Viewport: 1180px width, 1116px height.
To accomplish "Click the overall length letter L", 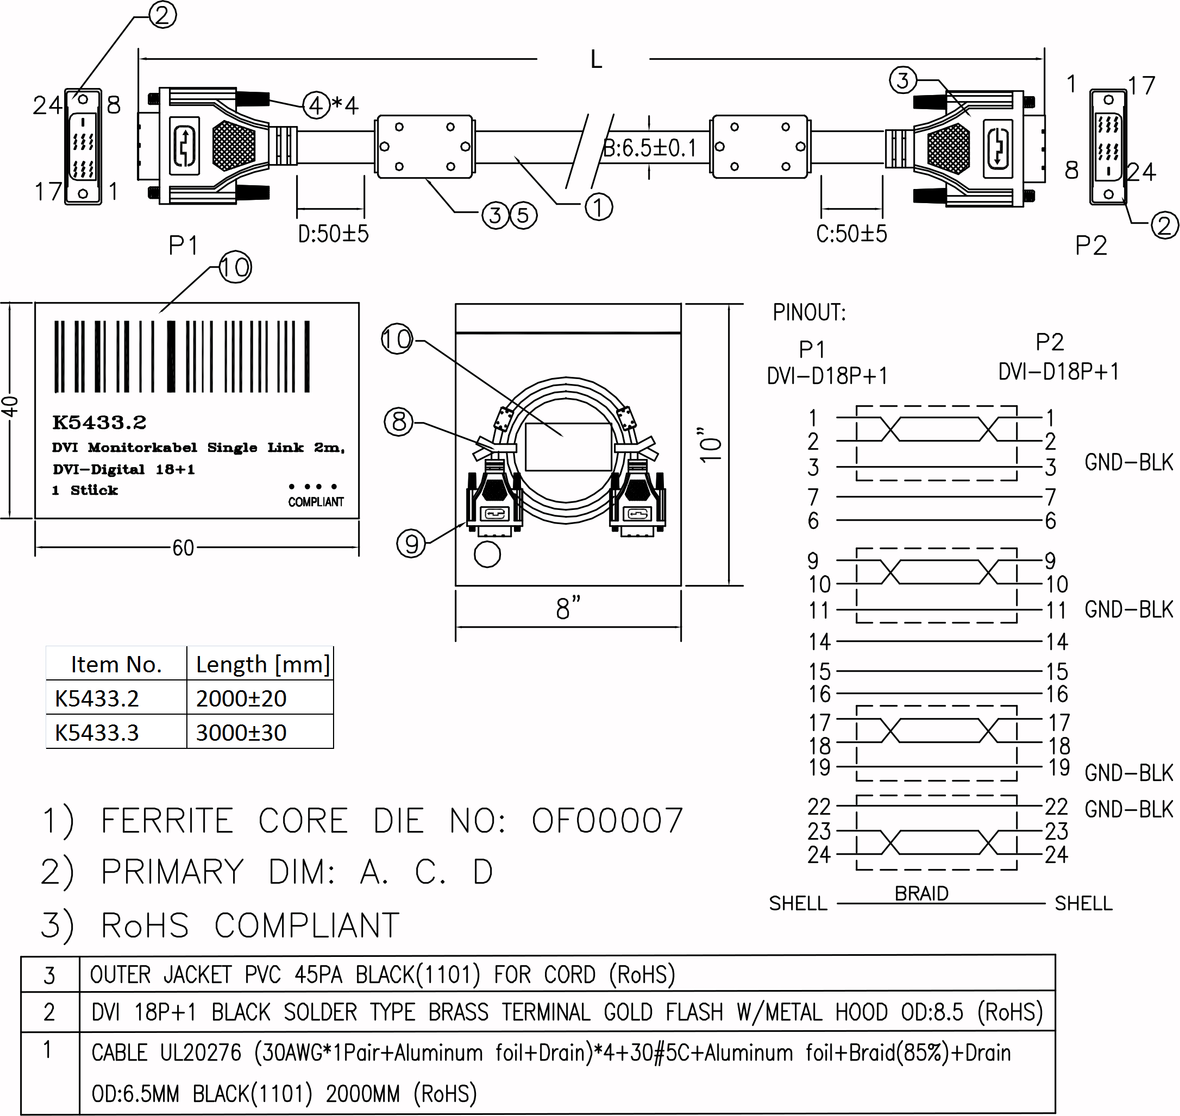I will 595,60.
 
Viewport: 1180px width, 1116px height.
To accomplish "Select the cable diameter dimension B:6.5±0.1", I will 650,148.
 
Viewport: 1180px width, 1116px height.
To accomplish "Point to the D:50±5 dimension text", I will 333,234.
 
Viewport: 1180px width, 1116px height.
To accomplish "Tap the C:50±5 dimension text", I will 851,234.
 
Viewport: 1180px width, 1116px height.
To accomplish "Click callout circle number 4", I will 316,105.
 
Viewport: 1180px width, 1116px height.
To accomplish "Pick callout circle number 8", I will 399,422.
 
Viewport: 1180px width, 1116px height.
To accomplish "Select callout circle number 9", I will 411,543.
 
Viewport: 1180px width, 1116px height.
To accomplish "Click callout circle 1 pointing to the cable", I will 599,207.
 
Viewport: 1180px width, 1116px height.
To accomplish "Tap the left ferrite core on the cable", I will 424,146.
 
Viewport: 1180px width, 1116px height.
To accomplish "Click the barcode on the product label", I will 182,356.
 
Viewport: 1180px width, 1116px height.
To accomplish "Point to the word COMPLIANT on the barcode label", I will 316,502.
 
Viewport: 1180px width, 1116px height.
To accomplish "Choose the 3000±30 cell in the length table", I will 241,732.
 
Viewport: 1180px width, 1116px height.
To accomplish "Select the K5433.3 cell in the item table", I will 97,732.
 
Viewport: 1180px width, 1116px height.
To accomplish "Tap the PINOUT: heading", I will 809,312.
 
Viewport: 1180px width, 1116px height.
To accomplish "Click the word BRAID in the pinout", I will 921,893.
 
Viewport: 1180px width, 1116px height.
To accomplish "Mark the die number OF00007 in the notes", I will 607,821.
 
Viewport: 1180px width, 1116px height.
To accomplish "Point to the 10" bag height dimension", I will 711,444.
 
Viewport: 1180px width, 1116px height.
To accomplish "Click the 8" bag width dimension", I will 568,608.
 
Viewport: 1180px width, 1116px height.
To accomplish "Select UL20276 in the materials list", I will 200,1053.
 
